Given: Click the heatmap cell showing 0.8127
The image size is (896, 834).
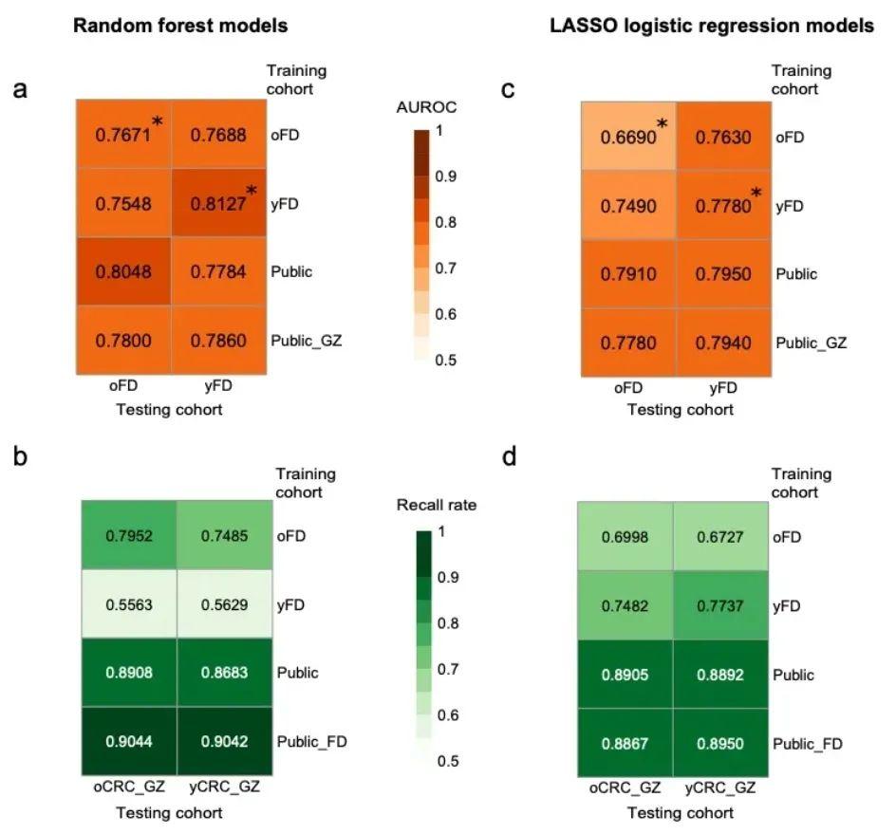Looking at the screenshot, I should (217, 204).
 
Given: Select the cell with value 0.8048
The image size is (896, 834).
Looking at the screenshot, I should (123, 272).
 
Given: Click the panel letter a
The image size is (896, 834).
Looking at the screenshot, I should (19, 91).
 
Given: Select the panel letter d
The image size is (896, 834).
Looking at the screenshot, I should (510, 458).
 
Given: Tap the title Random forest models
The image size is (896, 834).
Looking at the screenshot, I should (181, 27).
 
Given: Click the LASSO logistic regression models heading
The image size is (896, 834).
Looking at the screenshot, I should (712, 27).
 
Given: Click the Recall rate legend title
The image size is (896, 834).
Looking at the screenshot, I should (437, 505).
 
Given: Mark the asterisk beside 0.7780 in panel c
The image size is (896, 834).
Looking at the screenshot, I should (756, 194).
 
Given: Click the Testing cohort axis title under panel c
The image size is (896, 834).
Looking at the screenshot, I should (680, 410).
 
